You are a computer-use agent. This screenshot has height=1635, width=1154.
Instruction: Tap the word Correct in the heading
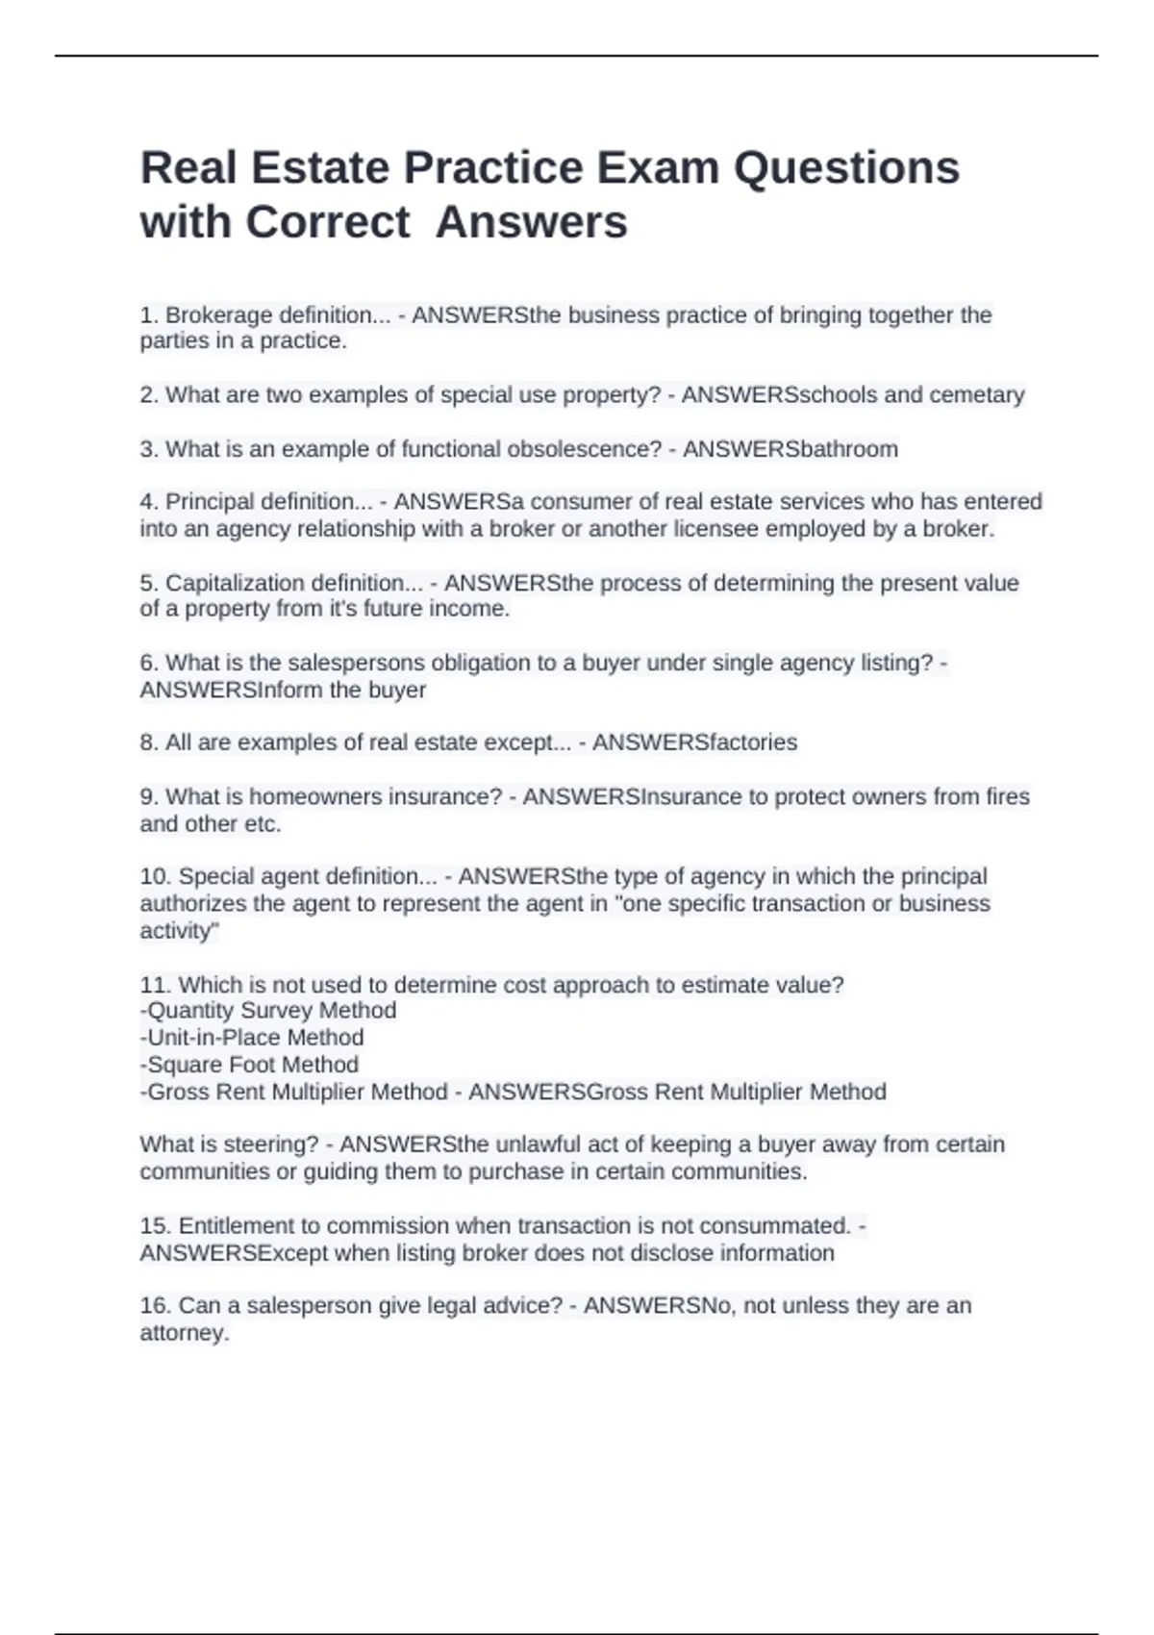328,223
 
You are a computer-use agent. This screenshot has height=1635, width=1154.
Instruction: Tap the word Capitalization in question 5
227,583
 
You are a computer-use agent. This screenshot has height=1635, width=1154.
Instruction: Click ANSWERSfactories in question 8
694,742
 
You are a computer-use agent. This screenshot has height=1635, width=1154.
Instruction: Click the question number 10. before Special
156,877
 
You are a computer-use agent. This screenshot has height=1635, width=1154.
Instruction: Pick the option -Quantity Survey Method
268,1011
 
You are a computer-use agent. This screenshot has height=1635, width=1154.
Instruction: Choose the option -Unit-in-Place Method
252,1038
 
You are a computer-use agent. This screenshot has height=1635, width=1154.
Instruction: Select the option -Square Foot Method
249,1065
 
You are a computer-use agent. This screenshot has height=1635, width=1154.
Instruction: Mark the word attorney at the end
183,1333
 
